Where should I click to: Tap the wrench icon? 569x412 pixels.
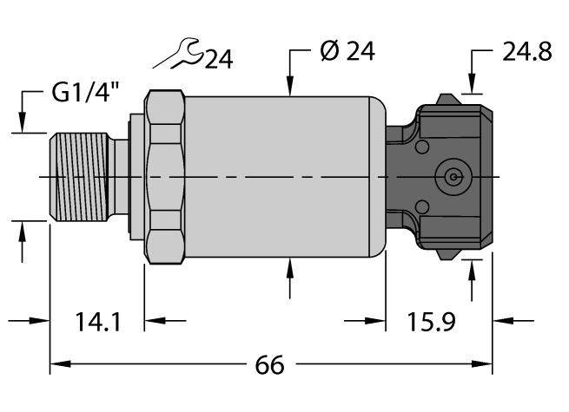point(178,58)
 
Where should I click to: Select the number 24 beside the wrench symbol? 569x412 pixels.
point(218,59)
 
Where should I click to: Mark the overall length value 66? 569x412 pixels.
point(269,365)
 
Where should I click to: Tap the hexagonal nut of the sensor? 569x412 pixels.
point(165,177)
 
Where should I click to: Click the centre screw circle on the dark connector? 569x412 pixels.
point(452,177)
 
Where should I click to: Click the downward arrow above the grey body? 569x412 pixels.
point(290,83)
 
